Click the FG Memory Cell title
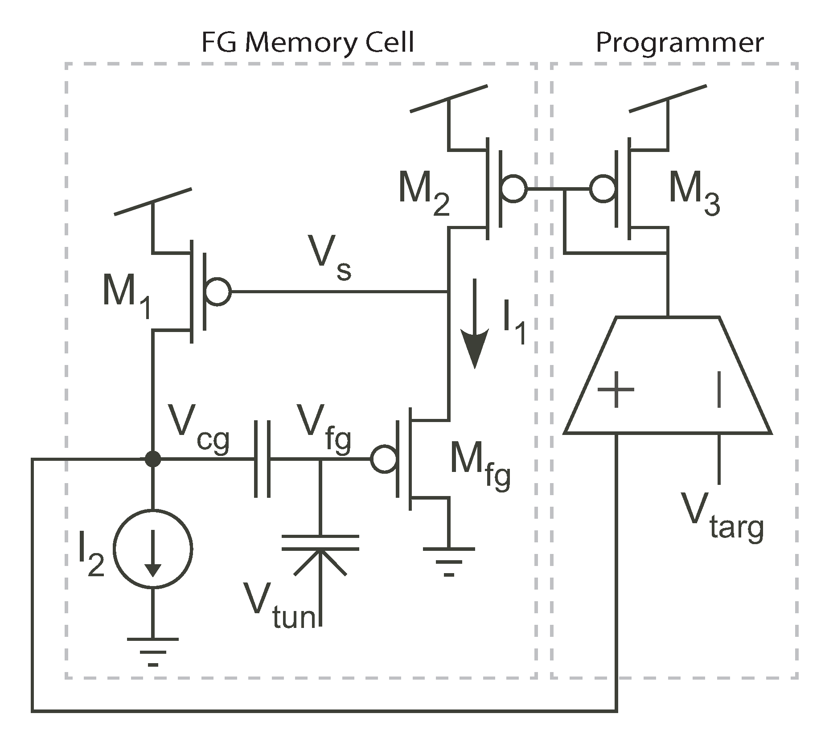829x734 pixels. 308,43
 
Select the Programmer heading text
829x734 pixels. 679,43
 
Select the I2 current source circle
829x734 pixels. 153,549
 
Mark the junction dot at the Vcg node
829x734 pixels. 153,459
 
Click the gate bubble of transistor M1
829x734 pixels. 218,292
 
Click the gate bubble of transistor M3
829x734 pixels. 603,189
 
